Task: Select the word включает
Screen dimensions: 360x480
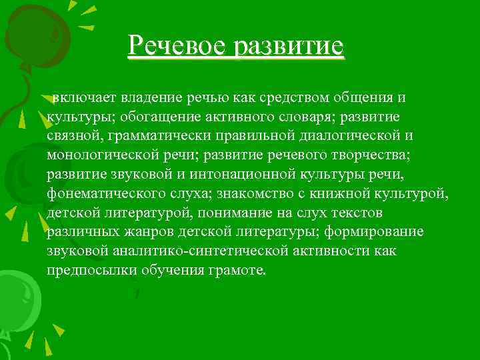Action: (x=85, y=98)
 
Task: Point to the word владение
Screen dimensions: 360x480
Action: (x=151, y=98)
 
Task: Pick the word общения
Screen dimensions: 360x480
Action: (x=364, y=98)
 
